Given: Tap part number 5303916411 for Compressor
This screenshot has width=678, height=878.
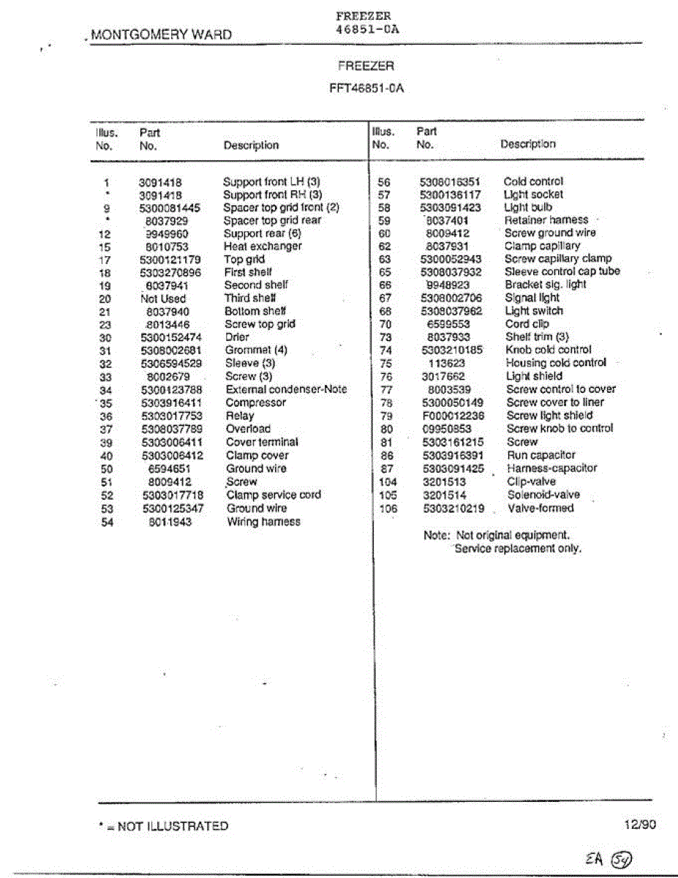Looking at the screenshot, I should point(171,403).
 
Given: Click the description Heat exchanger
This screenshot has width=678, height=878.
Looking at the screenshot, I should point(263,247).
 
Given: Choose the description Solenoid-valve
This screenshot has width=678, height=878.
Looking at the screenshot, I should point(543,495).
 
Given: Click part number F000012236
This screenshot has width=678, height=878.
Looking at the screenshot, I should point(453,416).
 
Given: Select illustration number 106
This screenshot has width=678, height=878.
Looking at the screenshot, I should point(388,509).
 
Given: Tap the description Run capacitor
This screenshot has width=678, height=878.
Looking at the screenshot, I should point(541,455).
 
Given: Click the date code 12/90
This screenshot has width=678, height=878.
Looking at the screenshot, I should point(640,825).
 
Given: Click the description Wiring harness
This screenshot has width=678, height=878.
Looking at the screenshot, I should point(263,522).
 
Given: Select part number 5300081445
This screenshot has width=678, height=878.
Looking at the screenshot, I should point(170,208).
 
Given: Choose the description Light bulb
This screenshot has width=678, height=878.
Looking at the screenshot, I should point(528,207).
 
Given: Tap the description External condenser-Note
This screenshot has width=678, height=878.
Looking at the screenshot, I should point(286,390).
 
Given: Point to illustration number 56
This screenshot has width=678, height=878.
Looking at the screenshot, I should point(385,181).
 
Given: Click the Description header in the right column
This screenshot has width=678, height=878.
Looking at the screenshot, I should point(527,144).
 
